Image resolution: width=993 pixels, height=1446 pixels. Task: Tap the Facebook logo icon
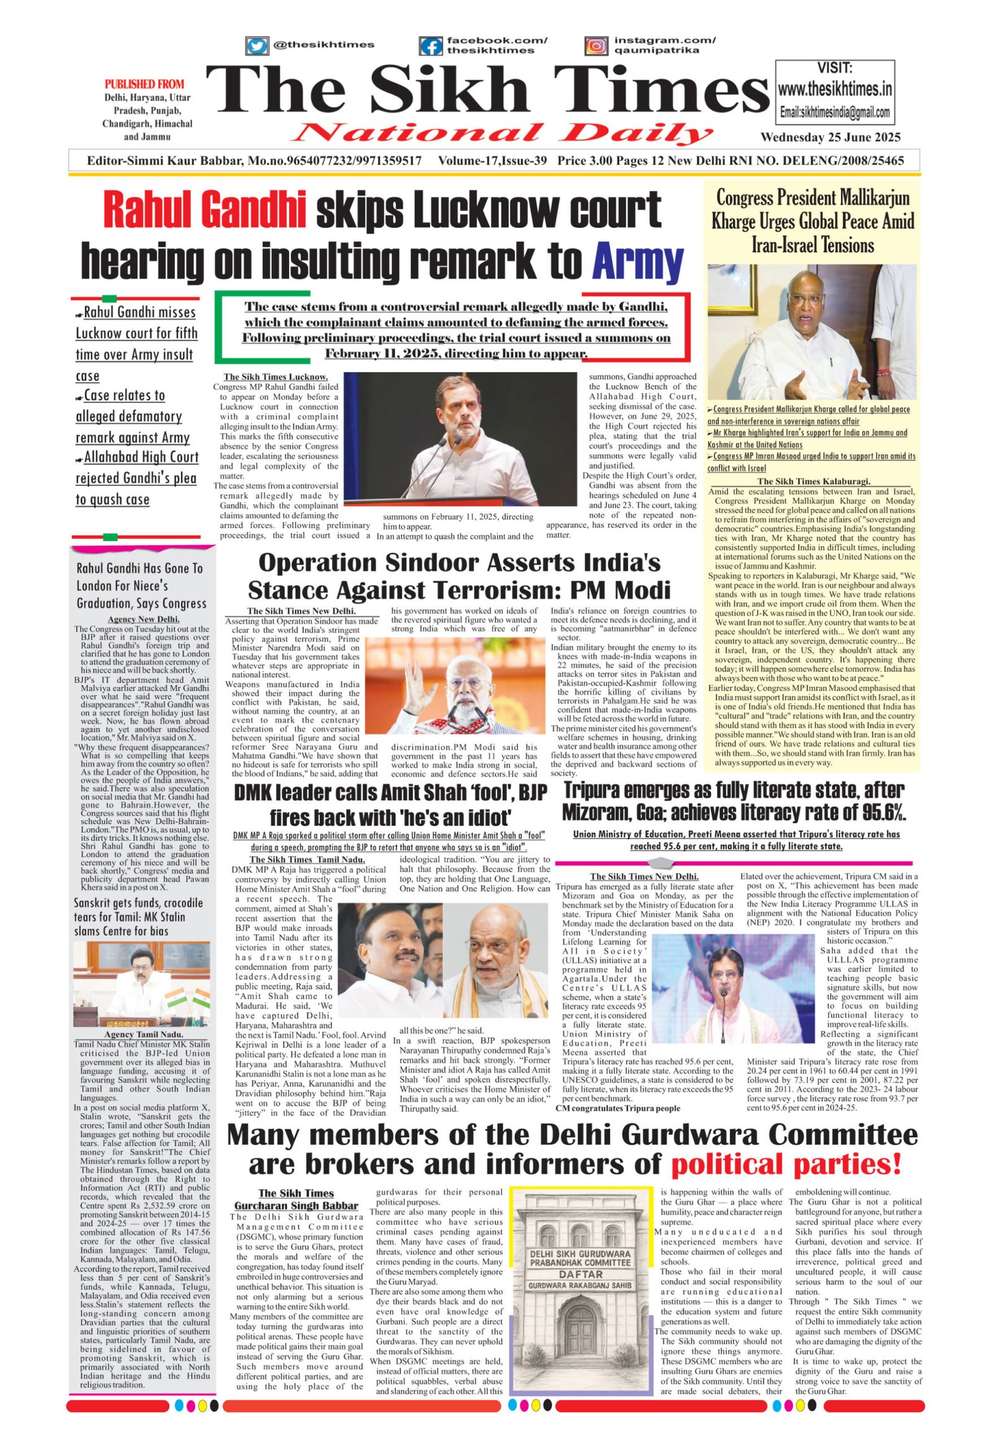coord(431,46)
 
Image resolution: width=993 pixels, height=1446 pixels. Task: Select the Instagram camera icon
coord(596,46)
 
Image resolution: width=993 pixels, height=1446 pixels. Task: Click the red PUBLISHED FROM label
coord(145,84)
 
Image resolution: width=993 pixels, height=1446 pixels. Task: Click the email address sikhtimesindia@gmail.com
coord(835,114)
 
